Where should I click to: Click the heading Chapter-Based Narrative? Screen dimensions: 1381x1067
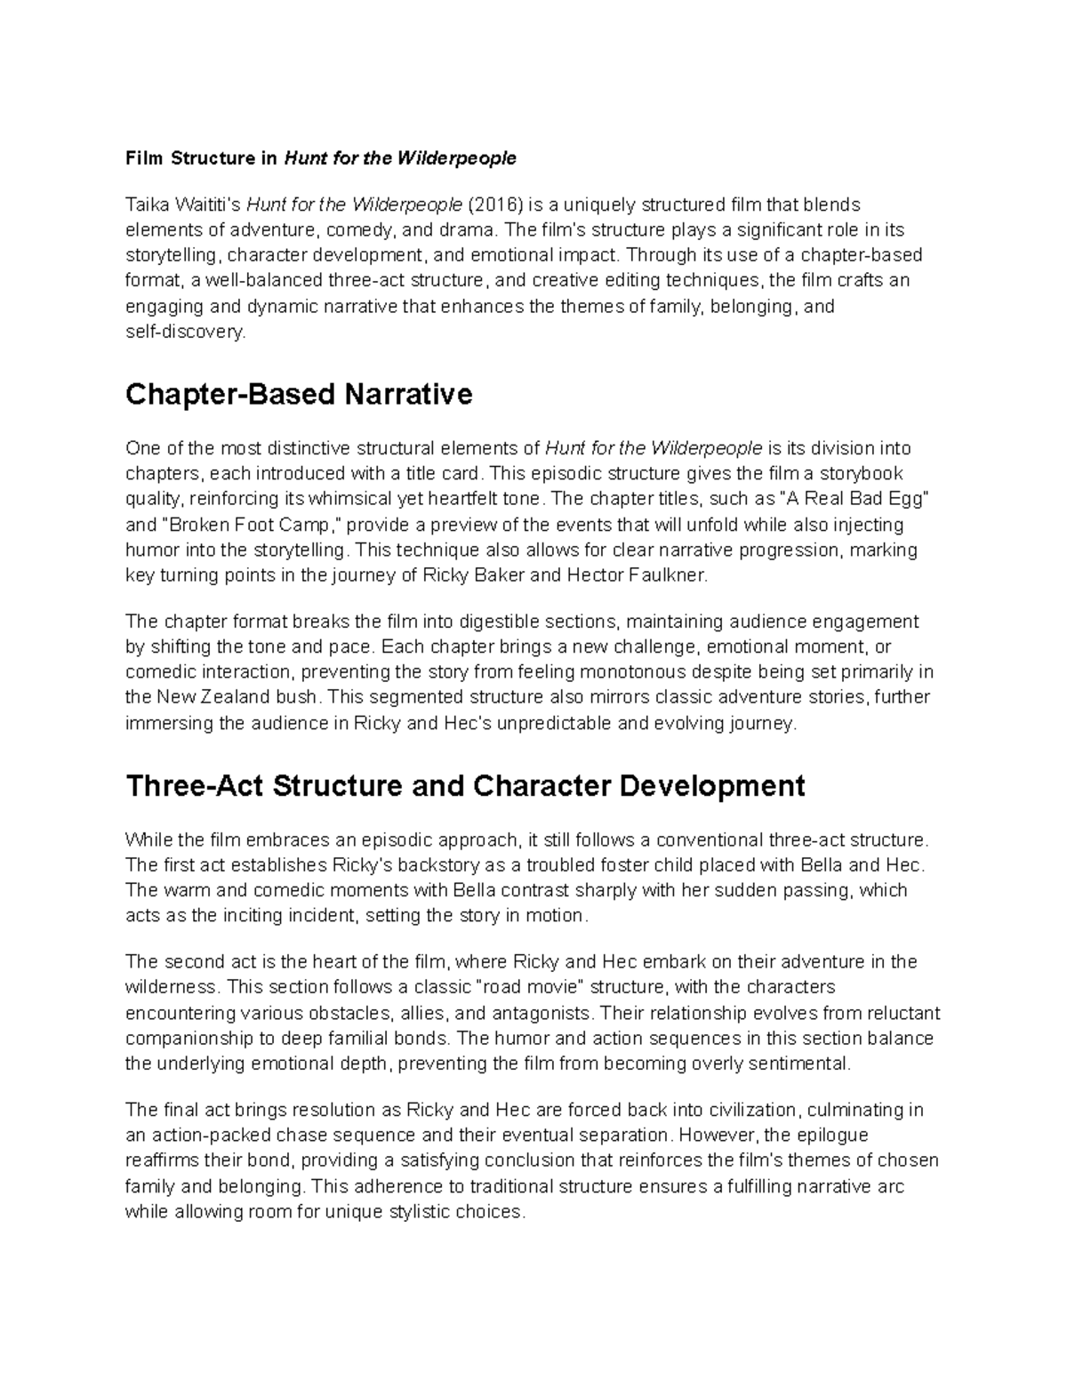299,394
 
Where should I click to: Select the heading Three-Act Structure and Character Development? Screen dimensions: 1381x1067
465,786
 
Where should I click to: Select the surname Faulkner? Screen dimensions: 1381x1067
665,575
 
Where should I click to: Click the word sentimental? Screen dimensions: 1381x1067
802,1064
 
